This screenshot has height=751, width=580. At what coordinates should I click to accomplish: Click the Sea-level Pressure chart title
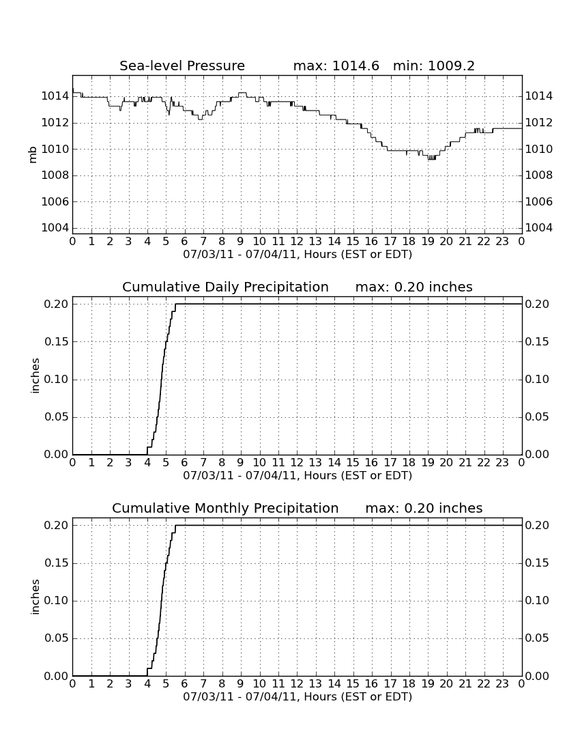tap(182, 66)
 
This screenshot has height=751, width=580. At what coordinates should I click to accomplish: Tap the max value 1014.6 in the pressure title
tap(356, 66)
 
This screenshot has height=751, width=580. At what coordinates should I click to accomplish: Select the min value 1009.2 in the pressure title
tap(451, 66)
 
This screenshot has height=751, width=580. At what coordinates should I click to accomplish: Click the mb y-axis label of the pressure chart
tap(33, 155)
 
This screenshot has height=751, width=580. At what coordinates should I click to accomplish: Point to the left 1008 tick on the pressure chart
tap(55, 175)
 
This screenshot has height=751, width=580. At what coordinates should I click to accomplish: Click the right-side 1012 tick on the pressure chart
tap(539, 123)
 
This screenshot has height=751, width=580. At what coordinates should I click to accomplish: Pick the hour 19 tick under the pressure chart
tap(427, 242)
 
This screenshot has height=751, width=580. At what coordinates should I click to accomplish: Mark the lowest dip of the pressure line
tap(431, 158)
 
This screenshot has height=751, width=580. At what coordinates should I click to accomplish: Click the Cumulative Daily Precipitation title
tap(225, 287)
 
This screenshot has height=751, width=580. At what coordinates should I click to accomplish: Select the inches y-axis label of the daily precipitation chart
tap(34, 376)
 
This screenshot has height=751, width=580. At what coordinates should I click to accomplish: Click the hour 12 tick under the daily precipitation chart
tap(297, 463)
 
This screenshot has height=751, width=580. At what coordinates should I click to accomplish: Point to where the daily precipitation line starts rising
tap(147, 454)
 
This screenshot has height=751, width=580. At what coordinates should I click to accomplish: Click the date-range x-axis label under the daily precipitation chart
tap(298, 476)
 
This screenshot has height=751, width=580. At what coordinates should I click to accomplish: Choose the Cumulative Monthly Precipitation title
tap(225, 508)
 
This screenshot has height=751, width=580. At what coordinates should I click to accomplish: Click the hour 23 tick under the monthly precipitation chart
tap(502, 684)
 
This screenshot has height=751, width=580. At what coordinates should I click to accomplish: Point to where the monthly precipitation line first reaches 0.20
tap(175, 526)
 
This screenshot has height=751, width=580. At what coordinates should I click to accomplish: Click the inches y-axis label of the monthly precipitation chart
tap(34, 597)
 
